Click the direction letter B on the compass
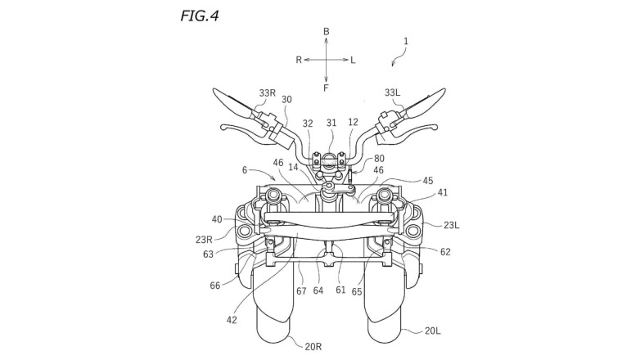326,31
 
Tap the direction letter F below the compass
326,87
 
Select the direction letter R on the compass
300,60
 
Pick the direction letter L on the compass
353,60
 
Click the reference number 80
379,159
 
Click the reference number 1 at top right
407,41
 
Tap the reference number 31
331,124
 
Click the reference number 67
301,290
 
